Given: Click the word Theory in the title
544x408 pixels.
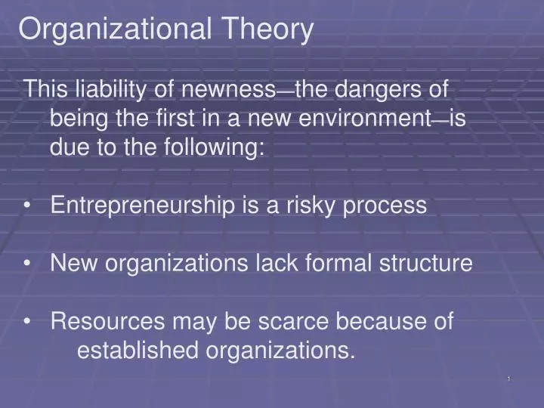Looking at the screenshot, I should (x=267, y=30).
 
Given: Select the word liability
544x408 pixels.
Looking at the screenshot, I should (x=113, y=90).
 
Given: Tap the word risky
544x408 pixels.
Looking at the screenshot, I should (x=313, y=206).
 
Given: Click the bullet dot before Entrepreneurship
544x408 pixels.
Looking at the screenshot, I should (x=28, y=206).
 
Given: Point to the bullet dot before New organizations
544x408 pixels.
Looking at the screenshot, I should (x=28, y=263).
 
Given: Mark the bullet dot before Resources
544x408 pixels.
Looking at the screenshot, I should (x=28, y=321).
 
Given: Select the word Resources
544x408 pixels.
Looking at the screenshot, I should (x=107, y=321).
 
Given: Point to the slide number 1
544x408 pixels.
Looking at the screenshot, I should (x=509, y=378).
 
